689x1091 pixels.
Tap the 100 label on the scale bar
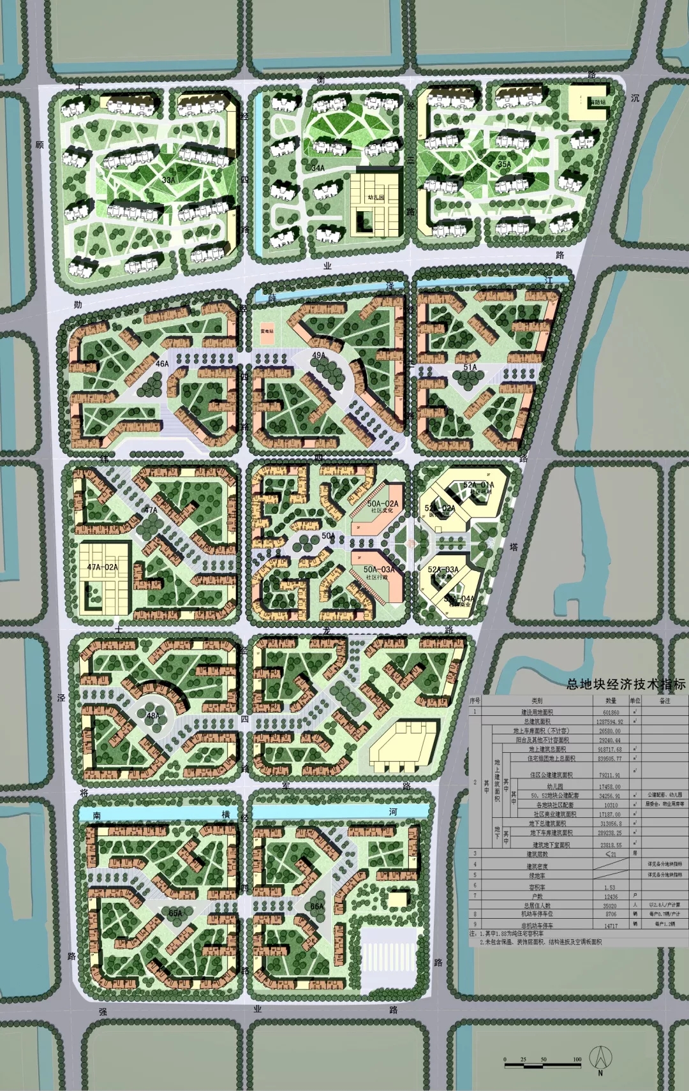pyautogui.click(x=577, y=1059)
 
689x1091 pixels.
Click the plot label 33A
pyautogui.click(x=168, y=180)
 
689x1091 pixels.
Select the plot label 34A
pyautogui.click(x=318, y=168)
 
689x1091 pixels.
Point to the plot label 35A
pyautogui.click(x=504, y=164)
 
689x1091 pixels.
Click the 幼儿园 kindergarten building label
pyautogui.click(x=376, y=198)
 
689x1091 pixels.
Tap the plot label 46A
pyautogui.click(x=163, y=364)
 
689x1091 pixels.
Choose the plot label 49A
pyautogui.click(x=318, y=355)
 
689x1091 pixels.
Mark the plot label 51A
pyautogui.click(x=470, y=367)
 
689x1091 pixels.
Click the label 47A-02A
pyautogui.click(x=102, y=567)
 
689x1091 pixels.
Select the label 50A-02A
pyautogui.click(x=383, y=503)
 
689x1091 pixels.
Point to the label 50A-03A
pyautogui.click(x=379, y=569)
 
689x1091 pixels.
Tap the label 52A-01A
pyautogui.click(x=478, y=486)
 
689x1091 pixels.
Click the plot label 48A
pyautogui.click(x=153, y=715)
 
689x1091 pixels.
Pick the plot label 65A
pyautogui.click(x=175, y=913)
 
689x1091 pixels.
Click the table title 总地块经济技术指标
pyautogui.click(x=626, y=684)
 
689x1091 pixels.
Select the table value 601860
pyautogui.click(x=611, y=712)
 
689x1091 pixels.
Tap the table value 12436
pyautogui.click(x=611, y=896)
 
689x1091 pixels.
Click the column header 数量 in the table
pyautogui.click(x=611, y=701)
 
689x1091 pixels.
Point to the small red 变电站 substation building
pyautogui.click(x=267, y=333)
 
